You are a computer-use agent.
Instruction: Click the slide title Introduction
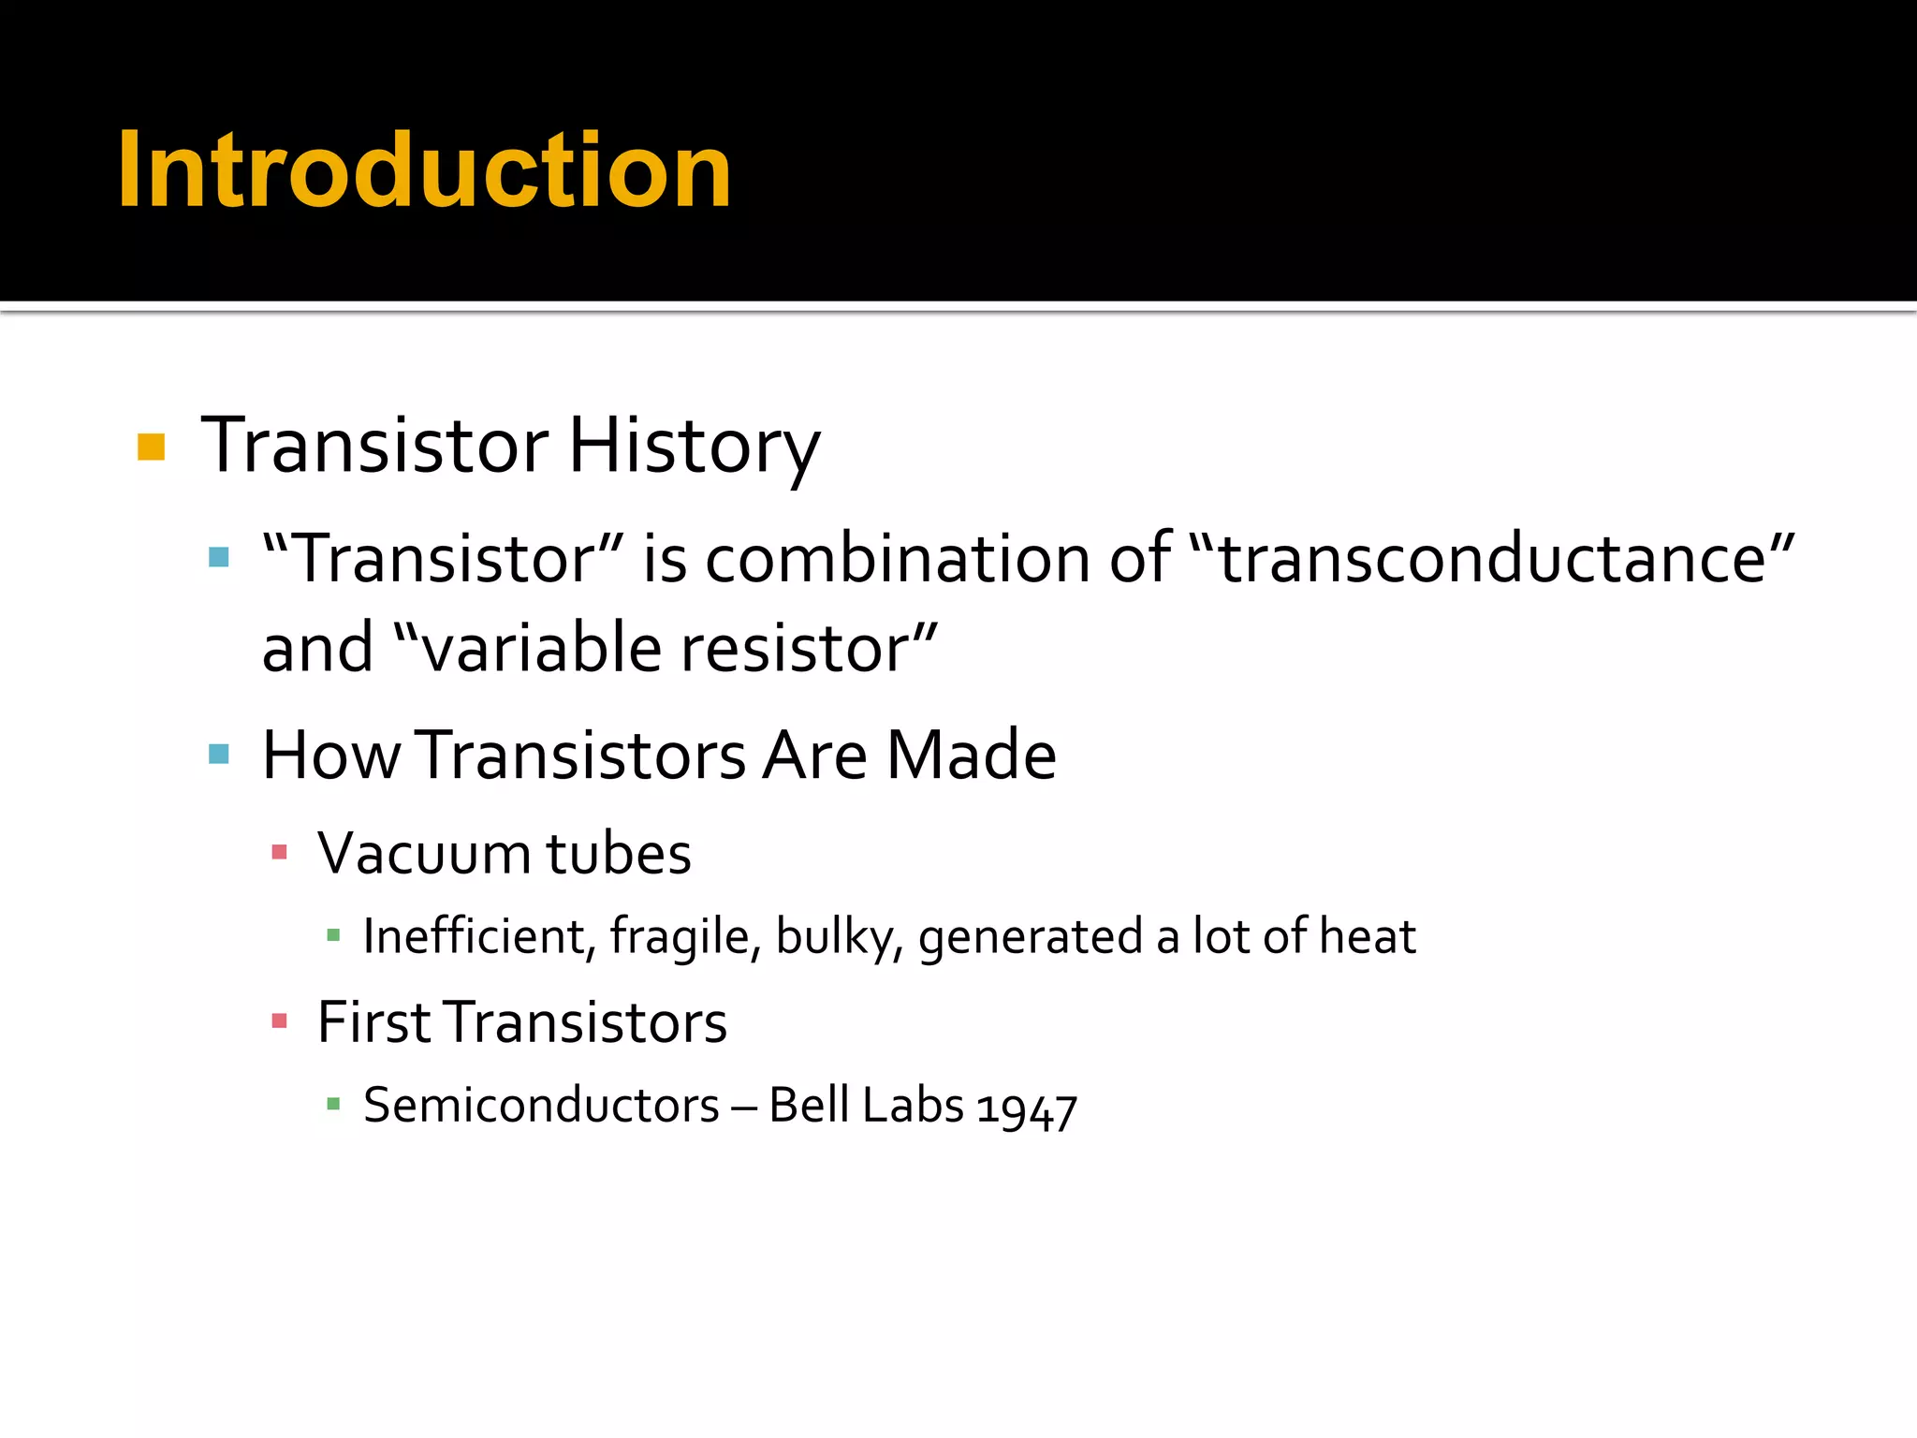click(x=423, y=170)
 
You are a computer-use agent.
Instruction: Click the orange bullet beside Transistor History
click(x=151, y=448)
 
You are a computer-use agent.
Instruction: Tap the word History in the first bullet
click(x=694, y=447)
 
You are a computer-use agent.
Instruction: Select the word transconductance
click(x=1492, y=559)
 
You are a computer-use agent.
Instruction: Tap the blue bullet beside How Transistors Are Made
click(x=219, y=754)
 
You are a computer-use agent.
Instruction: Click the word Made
click(x=971, y=755)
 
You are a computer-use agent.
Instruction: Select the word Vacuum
click(x=424, y=853)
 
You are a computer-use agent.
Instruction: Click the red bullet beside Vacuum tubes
click(x=279, y=852)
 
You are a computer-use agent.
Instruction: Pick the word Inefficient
click(x=475, y=935)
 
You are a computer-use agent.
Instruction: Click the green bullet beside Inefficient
click(x=333, y=934)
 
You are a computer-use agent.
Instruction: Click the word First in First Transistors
click(x=373, y=1021)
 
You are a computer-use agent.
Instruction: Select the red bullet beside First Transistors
click(x=279, y=1020)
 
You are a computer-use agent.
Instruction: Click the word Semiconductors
click(x=541, y=1105)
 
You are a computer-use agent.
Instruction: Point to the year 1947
click(x=1026, y=1108)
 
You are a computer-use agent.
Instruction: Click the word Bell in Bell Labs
click(x=809, y=1105)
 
